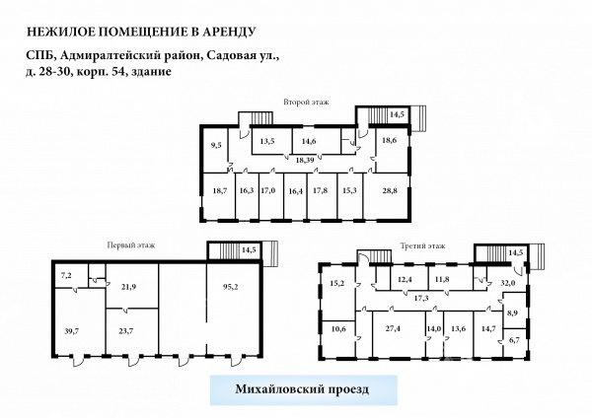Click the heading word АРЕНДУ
pos(229,32)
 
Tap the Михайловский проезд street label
pos(303,389)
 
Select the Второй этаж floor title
pos(306,102)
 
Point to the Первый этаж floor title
pos(131,245)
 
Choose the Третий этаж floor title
pos(423,246)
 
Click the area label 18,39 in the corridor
pos(305,160)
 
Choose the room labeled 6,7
pos(514,340)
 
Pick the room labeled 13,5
pos(267,142)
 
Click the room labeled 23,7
pos(125,331)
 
